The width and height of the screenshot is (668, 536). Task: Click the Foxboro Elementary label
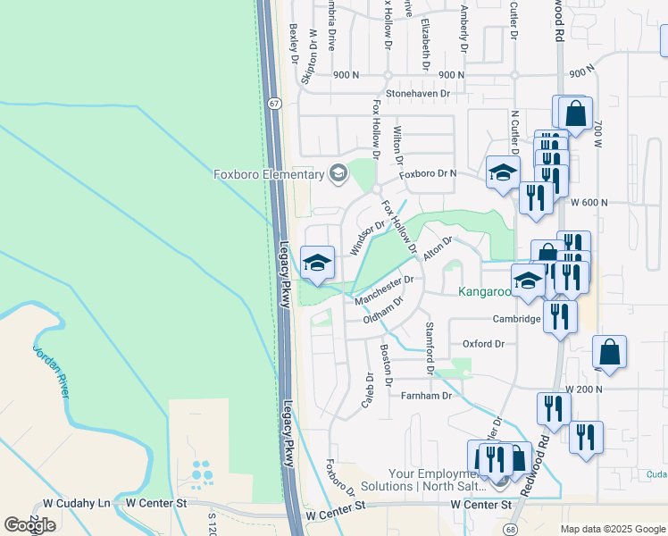tap(269, 174)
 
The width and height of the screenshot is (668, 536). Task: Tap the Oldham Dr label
tap(384, 312)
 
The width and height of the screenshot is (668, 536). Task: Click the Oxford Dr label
tap(483, 344)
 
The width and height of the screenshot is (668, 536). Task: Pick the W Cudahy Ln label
tap(79, 503)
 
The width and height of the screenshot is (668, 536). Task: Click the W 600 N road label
tap(589, 203)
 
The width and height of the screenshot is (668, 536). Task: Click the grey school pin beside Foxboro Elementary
tap(338, 173)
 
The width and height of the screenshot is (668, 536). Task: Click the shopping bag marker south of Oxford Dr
tap(609, 352)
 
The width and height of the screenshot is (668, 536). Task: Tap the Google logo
tap(29, 525)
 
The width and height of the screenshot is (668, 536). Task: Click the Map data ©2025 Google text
tap(612, 529)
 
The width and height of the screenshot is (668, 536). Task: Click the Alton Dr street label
tap(438, 248)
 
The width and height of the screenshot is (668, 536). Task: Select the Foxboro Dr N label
tap(428, 174)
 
